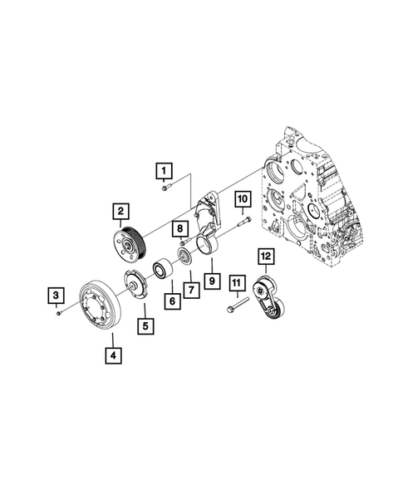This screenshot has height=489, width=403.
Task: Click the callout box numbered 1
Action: pyautogui.click(x=165, y=171)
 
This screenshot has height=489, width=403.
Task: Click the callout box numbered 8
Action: pyautogui.click(x=179, y=227)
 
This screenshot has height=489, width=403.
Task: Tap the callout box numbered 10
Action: pyautogui.click(x=243, y=199)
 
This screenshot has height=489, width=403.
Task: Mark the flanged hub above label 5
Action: pyautogui.click(x=135, y=285)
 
